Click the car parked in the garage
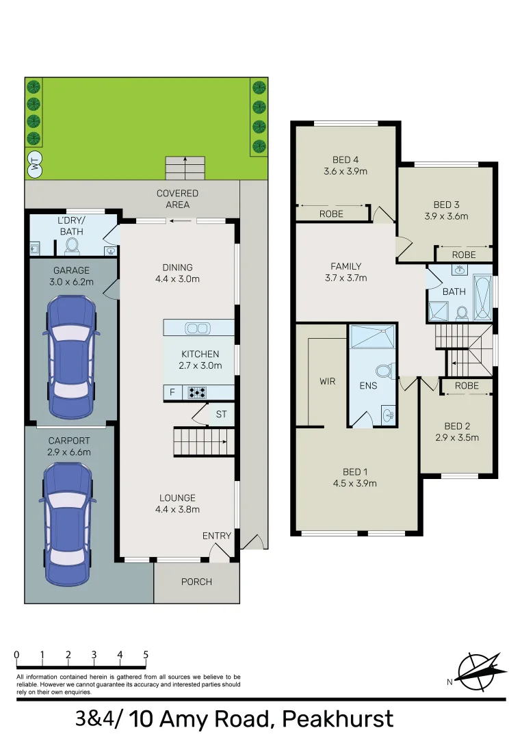coord(71,356)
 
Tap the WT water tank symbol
coord(34,165)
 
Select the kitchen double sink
coord(198,329)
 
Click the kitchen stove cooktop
coord(198,393)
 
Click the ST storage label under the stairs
coord(221,414)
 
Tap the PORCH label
coord(196,582)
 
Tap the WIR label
coord(327,381)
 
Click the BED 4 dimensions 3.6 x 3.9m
coord(345,172)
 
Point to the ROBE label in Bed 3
coord(464,255)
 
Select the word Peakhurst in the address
coord(338,719)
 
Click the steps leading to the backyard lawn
coord(185,168)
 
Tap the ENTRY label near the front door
coord(217,536)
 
